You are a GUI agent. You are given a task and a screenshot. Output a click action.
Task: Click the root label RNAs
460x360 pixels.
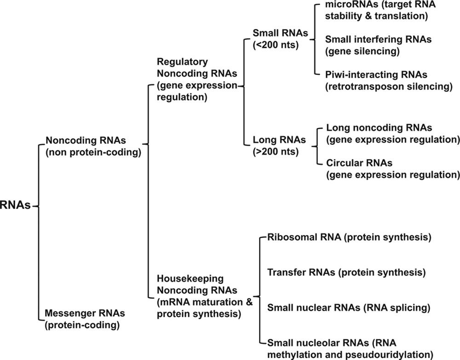[16, 206]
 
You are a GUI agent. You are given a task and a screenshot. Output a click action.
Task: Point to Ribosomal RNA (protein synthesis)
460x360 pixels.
[349, 238]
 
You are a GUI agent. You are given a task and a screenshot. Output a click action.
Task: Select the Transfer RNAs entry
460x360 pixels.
[346, 272]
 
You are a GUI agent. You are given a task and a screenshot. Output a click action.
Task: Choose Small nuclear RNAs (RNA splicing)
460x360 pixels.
[348, 307]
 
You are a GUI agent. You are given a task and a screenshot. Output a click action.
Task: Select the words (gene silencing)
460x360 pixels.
[362, 51]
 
